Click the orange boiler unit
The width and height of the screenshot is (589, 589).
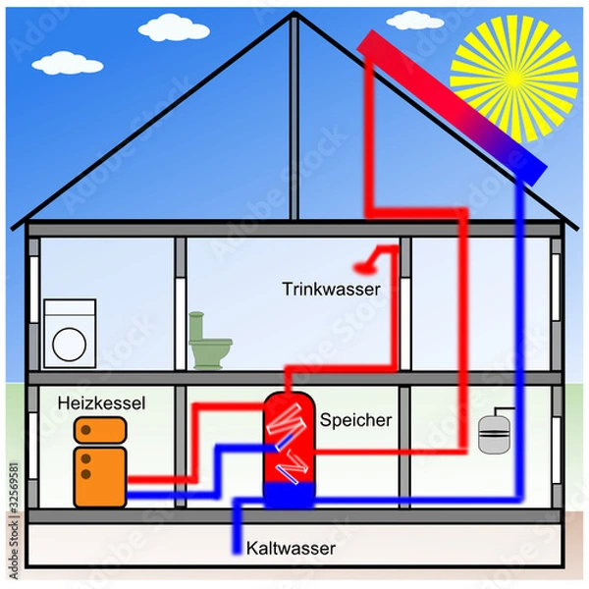point(99,461)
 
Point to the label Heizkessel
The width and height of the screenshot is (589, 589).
point(101,402)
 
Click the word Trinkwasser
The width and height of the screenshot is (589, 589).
point(331,289)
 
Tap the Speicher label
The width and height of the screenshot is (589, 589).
point(355,419)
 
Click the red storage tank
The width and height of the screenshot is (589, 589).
point(289,432)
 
